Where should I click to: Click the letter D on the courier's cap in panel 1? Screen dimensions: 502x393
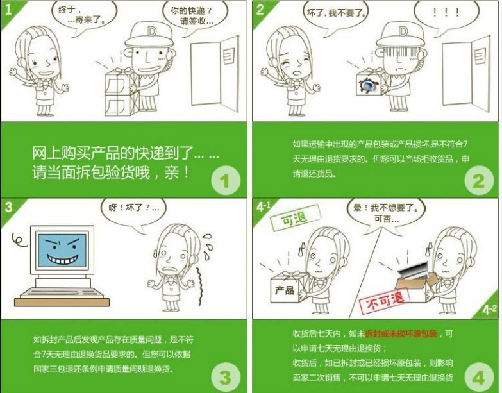click(x=151, y=31)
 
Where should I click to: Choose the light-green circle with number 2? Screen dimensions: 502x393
click(x=479, y=181)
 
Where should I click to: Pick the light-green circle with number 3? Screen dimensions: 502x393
click(x=226, y=377)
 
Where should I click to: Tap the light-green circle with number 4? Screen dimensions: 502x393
click(x=479, y=377)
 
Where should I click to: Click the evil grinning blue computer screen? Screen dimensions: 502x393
click(x=62, y=250)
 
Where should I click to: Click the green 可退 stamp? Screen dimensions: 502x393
click(x=295, y=218)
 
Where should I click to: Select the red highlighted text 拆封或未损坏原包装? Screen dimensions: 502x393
click(x=401, y=334)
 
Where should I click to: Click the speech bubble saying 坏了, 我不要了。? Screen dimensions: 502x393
click(x=336, y=14)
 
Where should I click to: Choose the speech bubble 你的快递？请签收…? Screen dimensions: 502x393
click(x=194, y=16)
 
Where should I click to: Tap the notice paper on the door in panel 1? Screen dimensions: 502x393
click(x=229, y=56)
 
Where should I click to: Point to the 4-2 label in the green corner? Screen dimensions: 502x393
click(x=489, y=310)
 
